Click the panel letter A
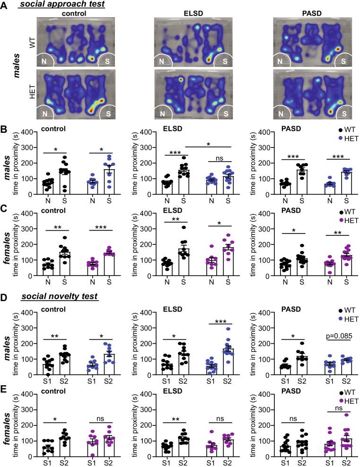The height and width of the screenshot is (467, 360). click(x=5, y=5)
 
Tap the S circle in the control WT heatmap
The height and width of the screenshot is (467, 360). click(x=108, y=61)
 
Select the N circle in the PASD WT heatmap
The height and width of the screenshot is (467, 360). click(x=282, y=61)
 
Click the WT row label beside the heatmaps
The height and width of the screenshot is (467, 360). click(x=32, y=42)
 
